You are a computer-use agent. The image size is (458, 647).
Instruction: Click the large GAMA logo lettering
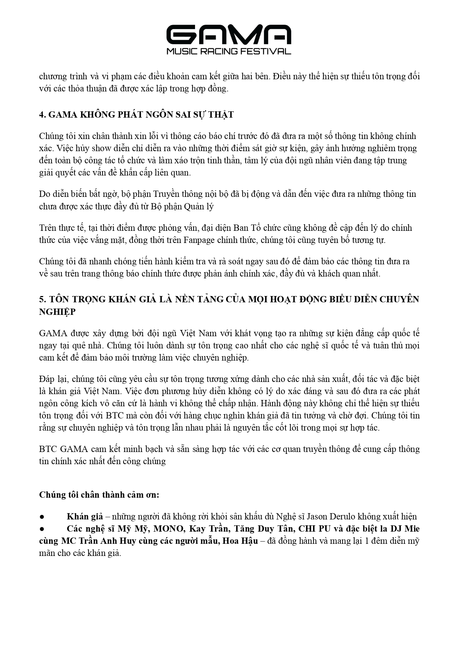tap(229, 35)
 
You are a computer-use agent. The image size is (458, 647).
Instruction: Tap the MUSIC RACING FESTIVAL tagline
tap(229, 51)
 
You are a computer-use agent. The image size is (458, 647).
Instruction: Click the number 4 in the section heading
tap(41, 115)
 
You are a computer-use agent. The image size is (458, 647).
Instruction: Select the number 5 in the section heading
tap(41, 299)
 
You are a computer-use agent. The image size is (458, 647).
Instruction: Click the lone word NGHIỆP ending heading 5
tap(57, 312)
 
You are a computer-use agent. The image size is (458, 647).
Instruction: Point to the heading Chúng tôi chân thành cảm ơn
tap(99, 495)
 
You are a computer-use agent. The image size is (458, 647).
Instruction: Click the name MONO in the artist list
tap(168, 529)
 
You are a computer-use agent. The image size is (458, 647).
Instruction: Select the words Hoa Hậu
tap(240, 541)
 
